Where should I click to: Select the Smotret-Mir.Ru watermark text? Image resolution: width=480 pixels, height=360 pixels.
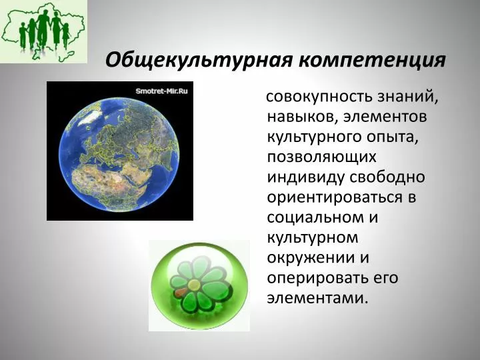tap(161, 91)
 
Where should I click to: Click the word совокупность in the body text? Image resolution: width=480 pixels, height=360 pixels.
tap(319, 97)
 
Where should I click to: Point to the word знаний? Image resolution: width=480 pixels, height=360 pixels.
tap(407, 97)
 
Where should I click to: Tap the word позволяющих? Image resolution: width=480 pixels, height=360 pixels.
tap(321, 157)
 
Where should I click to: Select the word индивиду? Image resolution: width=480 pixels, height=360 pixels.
tap(306, 177)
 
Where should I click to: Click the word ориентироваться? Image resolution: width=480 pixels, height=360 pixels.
tap(335, 197)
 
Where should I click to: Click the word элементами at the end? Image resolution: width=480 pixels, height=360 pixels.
tap(317, 298)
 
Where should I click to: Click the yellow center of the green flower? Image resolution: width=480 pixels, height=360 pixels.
tap(193, 285)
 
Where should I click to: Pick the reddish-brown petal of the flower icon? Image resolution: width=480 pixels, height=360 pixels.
tap(180, 293)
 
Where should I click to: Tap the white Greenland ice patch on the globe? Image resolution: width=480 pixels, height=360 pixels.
tap(90, 117)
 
